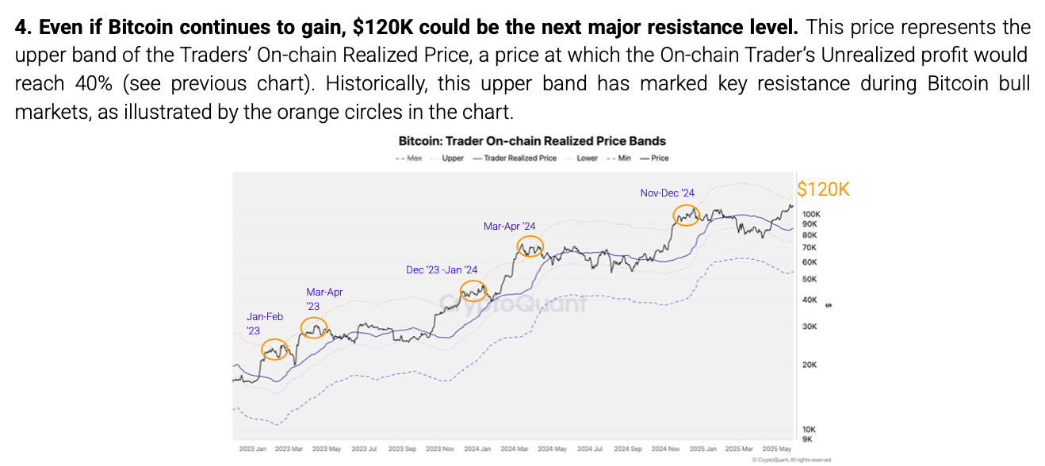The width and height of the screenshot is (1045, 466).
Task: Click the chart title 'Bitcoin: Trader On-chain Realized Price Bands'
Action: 532,141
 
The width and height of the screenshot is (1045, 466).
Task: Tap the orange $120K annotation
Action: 823,189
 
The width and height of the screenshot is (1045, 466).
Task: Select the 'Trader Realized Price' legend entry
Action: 515,158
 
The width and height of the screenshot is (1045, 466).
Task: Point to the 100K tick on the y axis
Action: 810,214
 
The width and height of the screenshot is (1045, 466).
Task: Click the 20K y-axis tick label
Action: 809,365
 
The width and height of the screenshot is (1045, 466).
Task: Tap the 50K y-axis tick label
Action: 809,279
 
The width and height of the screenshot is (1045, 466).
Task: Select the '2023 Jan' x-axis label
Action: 252,449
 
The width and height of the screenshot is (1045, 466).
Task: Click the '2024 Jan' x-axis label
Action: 477,449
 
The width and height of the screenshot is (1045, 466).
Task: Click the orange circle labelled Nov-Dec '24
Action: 686,215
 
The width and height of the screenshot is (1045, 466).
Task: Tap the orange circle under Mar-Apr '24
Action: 530,246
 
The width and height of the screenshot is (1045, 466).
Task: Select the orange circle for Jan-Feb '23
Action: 274,349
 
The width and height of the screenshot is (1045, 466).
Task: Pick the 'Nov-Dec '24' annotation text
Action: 667,193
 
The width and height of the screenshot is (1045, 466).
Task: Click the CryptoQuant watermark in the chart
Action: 513,301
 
